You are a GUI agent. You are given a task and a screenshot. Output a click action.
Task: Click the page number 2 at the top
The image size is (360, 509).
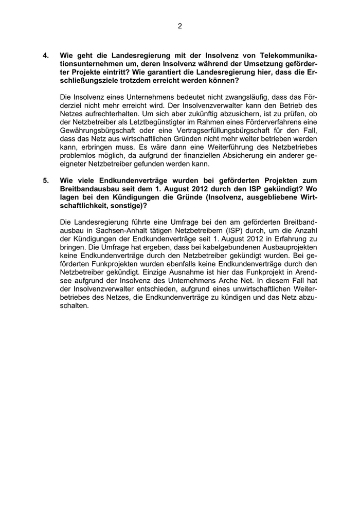click(x=180, y=26)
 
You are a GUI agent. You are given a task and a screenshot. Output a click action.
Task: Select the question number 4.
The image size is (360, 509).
click(x=46, y=55)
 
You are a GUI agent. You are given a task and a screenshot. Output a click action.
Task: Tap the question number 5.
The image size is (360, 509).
click(x=46, y=180)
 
